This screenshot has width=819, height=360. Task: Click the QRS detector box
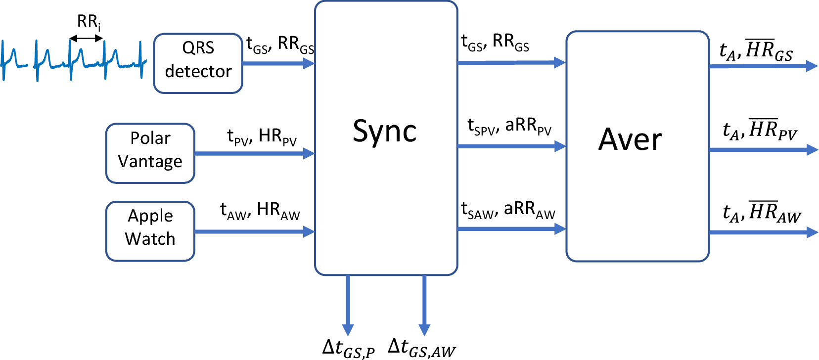(198, 63)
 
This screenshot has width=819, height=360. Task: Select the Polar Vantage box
(150, 153)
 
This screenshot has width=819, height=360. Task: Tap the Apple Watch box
(150, 231)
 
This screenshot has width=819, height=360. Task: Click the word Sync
(384, 132)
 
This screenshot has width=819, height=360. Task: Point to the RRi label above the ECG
(89, 22)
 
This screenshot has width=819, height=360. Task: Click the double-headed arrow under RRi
(86, 38)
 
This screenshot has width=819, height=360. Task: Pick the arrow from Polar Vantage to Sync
(254, 153)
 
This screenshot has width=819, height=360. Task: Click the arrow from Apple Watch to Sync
(254, 231)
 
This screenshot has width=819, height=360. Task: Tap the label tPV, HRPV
(262, 136)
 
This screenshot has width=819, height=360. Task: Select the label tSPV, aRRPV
(509, 127)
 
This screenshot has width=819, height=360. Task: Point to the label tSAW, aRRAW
(508, 210)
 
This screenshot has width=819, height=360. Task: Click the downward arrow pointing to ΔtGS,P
(348, 304)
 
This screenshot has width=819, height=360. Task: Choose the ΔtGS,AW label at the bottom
(421, 348)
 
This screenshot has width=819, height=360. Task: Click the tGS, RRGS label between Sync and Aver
(495, 44)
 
